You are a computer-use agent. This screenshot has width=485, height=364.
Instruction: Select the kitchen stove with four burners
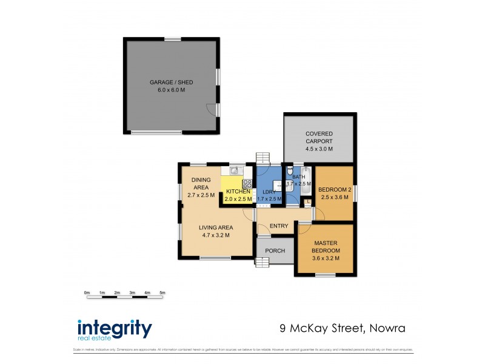(247, 183)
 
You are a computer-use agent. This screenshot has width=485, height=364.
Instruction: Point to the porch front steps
(262, 262)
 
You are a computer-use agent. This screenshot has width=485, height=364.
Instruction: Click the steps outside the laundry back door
(262, 158)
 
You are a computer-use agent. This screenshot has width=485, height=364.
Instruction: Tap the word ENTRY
(279, 226)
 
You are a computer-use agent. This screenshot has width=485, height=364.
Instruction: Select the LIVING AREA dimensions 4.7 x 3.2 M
(215, 235)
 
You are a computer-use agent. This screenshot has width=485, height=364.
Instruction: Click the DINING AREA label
(201, 184)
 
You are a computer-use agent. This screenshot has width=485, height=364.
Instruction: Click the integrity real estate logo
(114, 330)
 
